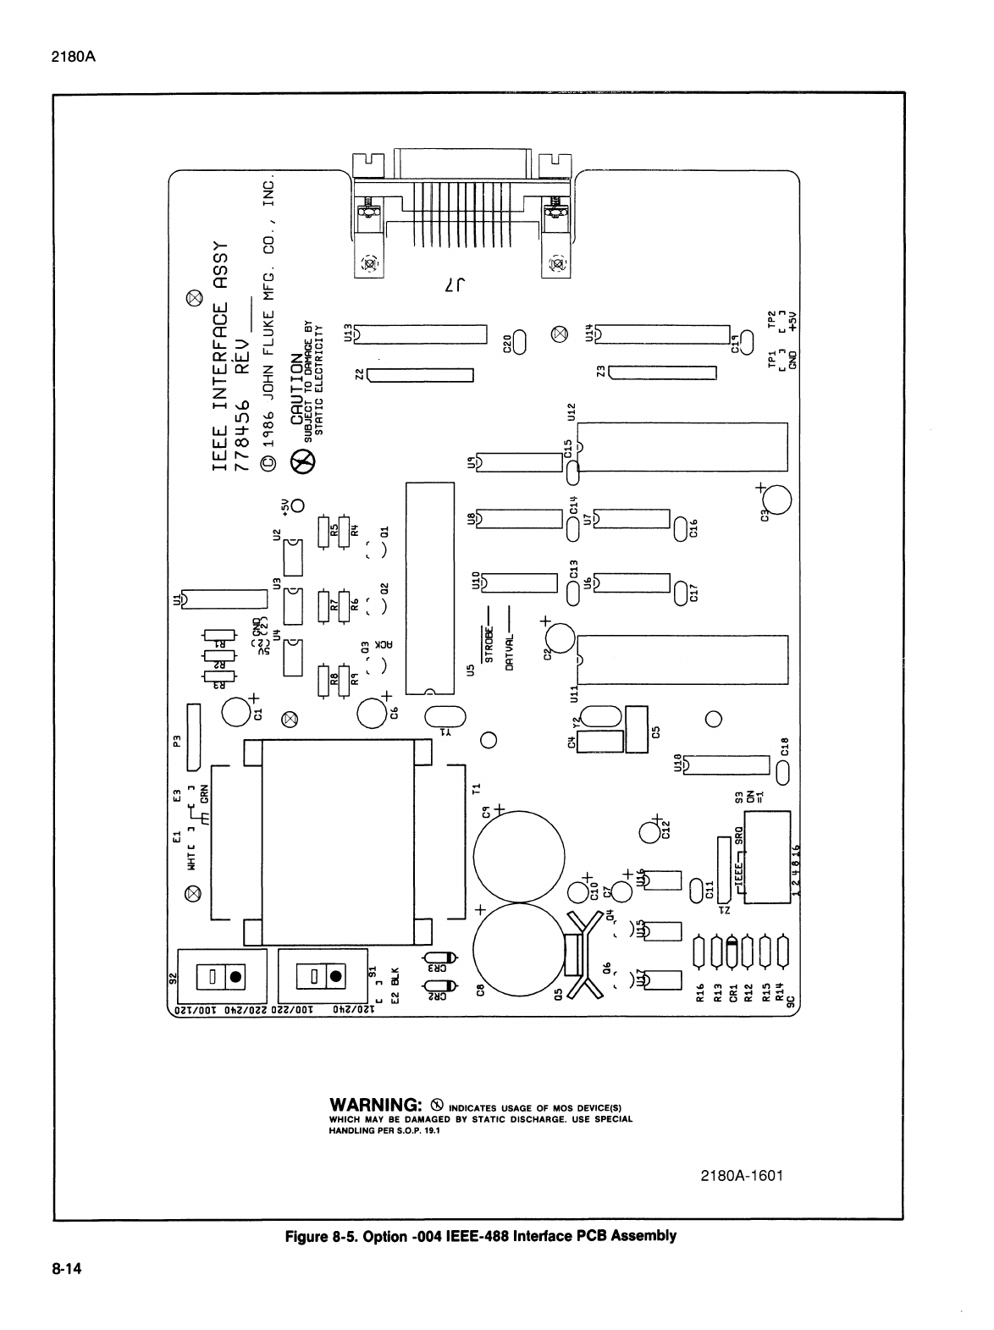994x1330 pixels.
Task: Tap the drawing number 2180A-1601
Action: pos(736,1176)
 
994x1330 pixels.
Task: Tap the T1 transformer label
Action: pos(476,789)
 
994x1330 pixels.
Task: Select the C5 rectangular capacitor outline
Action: pos(636,728)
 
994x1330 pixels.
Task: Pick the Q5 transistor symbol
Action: pos(577,952)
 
